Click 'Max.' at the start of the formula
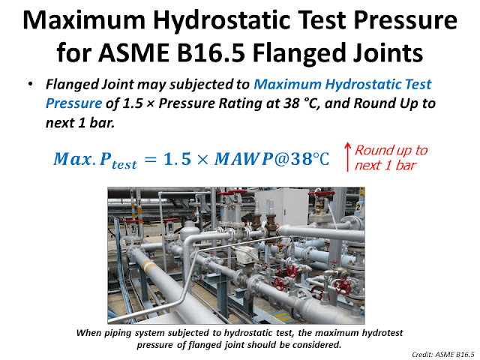(72, 160)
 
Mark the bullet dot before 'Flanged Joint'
(36, 84)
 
